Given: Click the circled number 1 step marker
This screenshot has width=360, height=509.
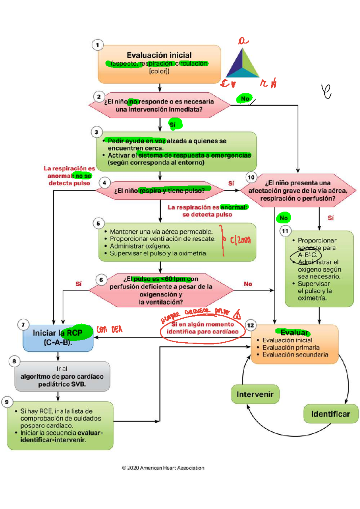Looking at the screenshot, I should tap(97, 45).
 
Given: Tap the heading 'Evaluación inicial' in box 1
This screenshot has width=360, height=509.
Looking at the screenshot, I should tap(159, 55).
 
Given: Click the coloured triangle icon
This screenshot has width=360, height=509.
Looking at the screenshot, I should tap(242, 64).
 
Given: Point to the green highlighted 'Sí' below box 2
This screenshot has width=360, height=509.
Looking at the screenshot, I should tap(173, 125).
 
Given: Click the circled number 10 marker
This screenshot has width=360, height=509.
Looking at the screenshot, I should tap(251, 177).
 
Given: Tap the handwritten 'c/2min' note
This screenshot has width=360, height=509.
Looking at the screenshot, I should tap(240, 240).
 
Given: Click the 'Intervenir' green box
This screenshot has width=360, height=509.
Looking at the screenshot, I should tap(255, 394).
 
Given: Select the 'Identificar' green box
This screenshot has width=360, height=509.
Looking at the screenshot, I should tap(331, 414).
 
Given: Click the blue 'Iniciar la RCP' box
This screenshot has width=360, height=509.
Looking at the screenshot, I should tap(58, 338).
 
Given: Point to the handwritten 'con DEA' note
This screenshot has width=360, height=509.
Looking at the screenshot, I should tap(109, 330).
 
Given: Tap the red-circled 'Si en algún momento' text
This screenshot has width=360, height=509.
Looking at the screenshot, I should tap(202, 328).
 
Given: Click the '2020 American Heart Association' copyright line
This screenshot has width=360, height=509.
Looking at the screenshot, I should tap(163, 468).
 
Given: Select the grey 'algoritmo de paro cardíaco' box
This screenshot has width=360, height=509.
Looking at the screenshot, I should tap(62, 377).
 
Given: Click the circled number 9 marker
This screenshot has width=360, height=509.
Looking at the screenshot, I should tap(7, 402).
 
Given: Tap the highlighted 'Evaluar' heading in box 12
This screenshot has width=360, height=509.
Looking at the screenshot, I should tap(294, 332).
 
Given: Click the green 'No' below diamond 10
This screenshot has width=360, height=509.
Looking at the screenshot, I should tap(283, 218).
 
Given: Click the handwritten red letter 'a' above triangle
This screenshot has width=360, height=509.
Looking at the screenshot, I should tap(243, 40).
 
